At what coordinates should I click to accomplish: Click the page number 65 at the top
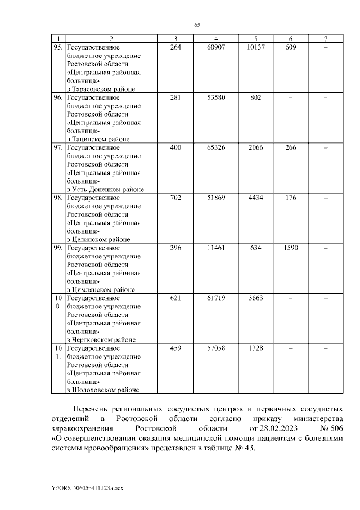click(197, 25)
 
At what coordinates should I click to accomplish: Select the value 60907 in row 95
click(216, 47)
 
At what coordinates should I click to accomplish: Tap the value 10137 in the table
click(256, 47)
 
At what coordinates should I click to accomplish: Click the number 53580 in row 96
click(216, 97)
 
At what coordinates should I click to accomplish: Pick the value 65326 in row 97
click(216, 147)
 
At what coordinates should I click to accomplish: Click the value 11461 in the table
click(216, 248)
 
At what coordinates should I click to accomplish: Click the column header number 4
click(216, 39)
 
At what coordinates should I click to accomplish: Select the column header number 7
click(326, 39)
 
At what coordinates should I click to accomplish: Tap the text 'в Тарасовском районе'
click(101, 89)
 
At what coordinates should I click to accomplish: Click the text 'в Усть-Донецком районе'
click(105, 189)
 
